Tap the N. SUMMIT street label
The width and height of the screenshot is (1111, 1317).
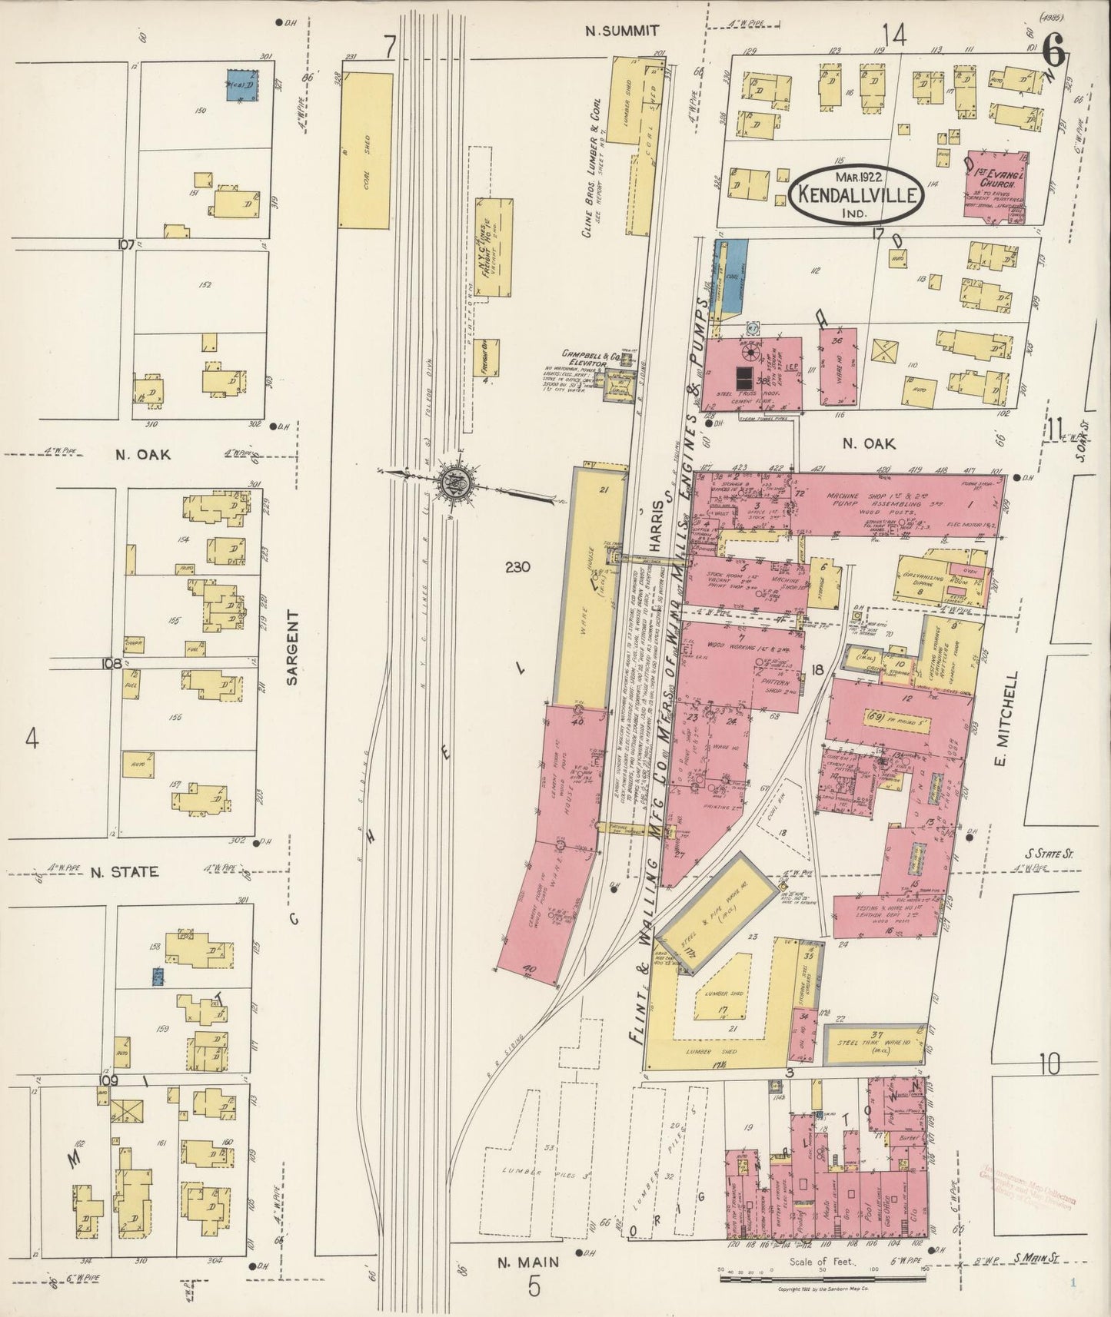point(620,31)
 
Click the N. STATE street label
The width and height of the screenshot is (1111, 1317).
point(125,872)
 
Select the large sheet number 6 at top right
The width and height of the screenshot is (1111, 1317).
point(1055,52)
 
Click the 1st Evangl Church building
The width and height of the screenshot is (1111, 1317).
point(996,188)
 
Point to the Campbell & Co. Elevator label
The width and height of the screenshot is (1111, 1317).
point(591,357)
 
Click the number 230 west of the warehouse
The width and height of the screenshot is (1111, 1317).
point(519,568)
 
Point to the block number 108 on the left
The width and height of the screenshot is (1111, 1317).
point(111,662)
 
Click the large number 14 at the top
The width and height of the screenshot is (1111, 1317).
point(894,35)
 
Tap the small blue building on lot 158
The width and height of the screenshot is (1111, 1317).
point(158,977)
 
